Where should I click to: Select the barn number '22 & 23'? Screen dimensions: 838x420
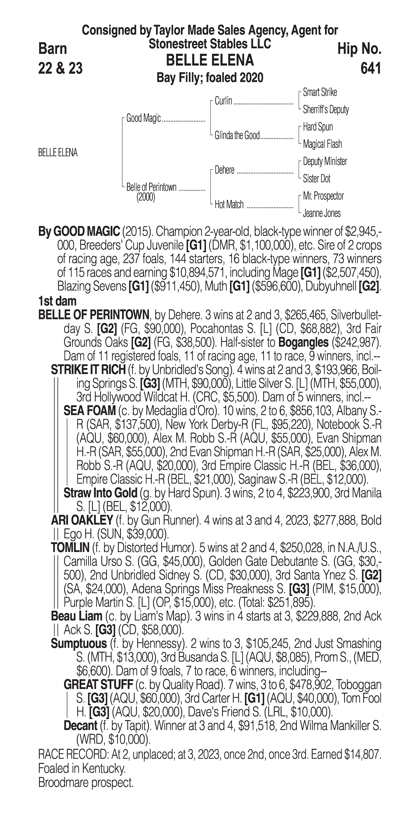[60, 68]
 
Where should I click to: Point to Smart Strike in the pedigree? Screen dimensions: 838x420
[320, 92]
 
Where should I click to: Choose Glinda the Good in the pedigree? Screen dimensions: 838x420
[237, 135]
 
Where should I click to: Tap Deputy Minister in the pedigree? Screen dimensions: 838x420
[325, 161]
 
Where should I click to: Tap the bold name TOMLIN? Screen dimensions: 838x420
[70, 548]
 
